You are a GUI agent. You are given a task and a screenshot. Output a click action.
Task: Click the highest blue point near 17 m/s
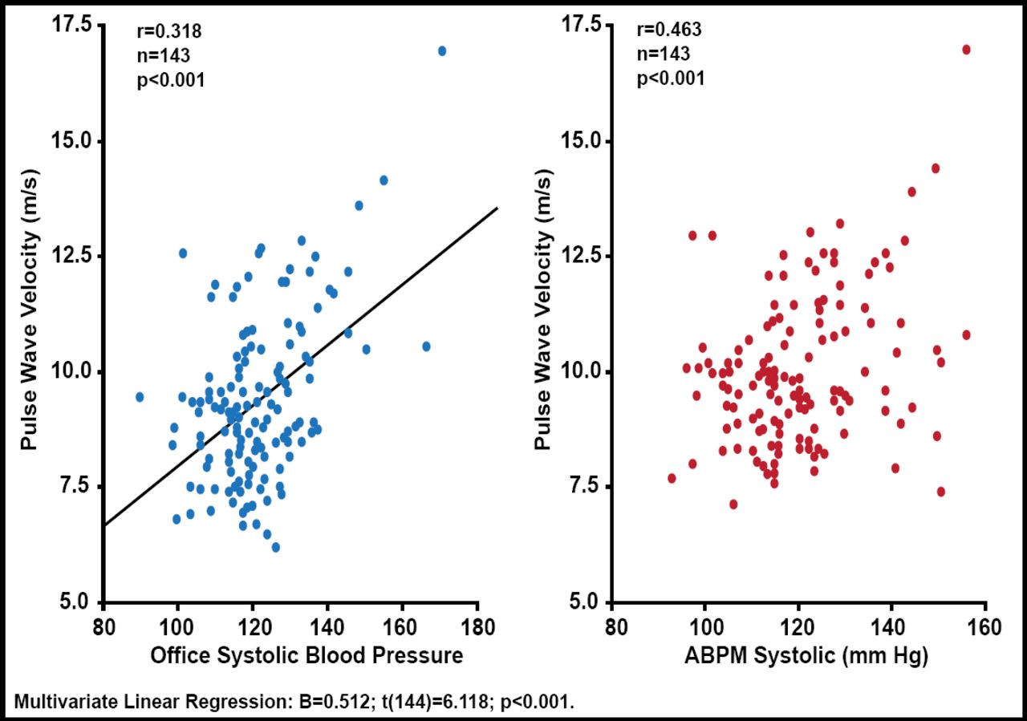442,51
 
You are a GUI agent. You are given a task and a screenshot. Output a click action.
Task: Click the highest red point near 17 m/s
966,50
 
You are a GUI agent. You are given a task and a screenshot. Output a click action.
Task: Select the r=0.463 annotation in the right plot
669,30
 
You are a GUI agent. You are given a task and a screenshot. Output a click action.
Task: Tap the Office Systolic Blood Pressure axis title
306,656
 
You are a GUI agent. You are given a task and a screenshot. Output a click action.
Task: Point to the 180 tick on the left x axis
477,626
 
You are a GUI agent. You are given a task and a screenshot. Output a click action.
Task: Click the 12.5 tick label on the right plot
579,256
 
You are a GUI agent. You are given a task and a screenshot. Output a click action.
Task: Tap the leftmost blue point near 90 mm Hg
140,397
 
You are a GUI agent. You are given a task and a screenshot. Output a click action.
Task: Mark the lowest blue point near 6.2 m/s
276,547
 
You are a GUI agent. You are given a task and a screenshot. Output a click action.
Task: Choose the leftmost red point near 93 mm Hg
672,478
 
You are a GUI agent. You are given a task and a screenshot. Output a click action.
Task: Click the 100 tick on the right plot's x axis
705,626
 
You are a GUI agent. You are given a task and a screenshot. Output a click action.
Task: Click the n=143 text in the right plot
664,55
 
